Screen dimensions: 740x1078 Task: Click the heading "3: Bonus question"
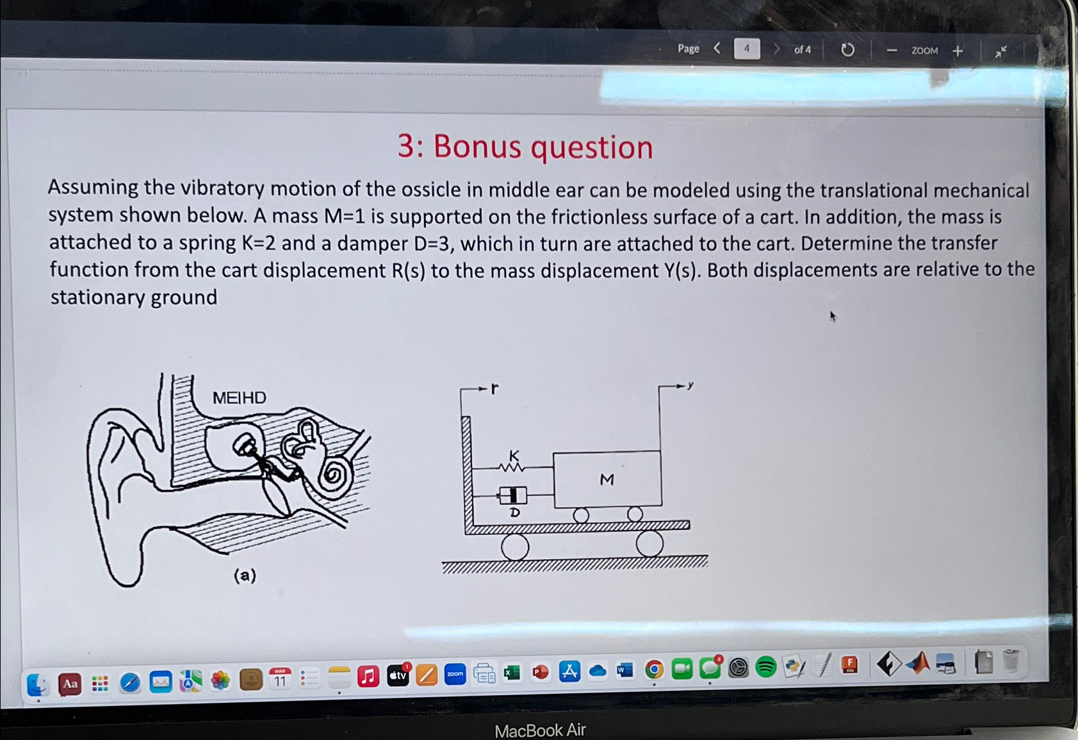click(525, 147)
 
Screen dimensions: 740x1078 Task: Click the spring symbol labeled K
click(512, 467)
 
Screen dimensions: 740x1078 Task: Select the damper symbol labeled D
click(512, 495)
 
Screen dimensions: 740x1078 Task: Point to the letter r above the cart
click(494, 388)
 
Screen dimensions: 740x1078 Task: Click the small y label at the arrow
click(690, 385)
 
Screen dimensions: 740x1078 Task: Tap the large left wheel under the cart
click(515, 547)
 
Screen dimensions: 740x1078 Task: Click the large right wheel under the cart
click(649, 544)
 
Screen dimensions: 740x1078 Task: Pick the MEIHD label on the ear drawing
click(239, 398)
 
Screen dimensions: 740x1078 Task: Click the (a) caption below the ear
click(245, 575)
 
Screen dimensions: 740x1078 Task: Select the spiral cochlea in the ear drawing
click(334, 475)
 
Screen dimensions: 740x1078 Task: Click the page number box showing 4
click(746, 49)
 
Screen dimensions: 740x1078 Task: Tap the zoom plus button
click(958, 51)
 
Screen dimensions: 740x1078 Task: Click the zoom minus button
click(891, 51)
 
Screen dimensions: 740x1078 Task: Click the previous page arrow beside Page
click(717, 48)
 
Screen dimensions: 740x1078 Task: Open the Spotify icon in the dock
click(766, 668)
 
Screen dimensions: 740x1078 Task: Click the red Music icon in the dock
click(368, 677)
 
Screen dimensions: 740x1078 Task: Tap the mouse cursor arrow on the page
click(833, 316)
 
